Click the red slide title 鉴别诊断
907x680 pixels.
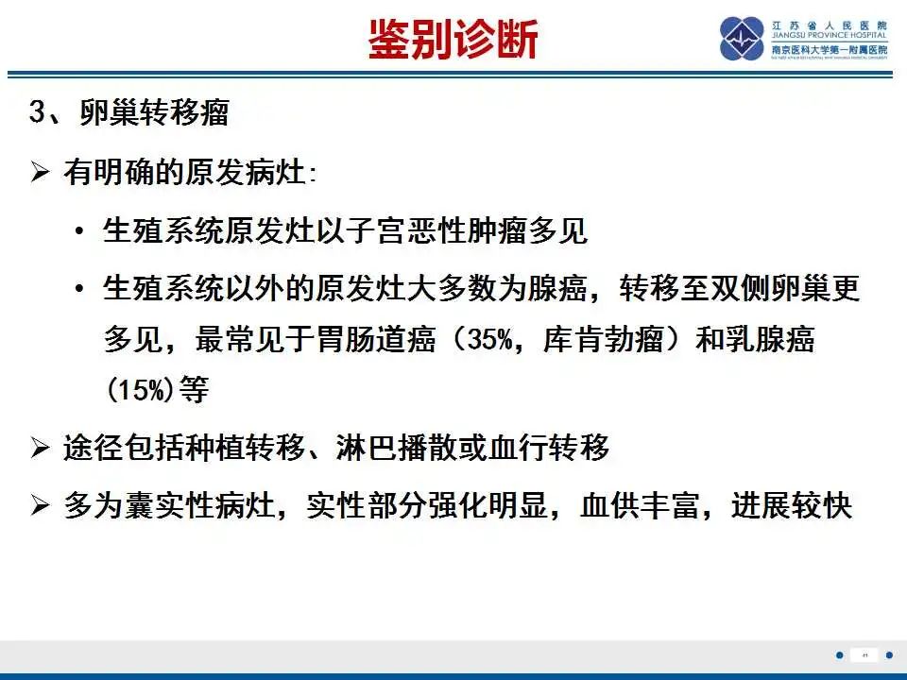(453, 40)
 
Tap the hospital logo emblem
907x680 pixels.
(742, 39)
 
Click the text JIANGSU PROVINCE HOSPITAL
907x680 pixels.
(829, 37)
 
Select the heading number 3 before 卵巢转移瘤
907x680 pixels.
(38, 113)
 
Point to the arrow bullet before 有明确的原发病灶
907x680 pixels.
(39, 173)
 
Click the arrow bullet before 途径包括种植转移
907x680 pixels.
(39, 449)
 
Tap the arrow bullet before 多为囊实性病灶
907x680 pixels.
(39, 507)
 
